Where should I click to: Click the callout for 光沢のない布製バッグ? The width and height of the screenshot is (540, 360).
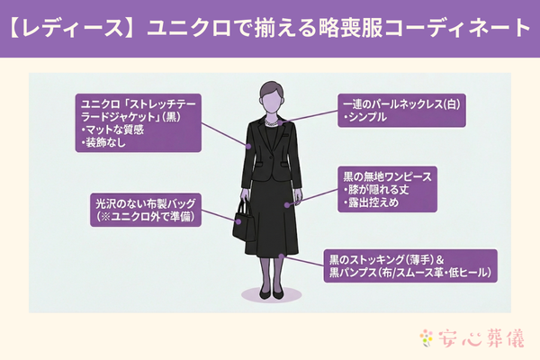tap(143, 209)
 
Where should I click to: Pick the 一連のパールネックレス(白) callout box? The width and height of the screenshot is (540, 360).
tap(400, 110)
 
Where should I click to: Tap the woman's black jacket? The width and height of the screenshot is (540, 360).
tap(270, 153)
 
